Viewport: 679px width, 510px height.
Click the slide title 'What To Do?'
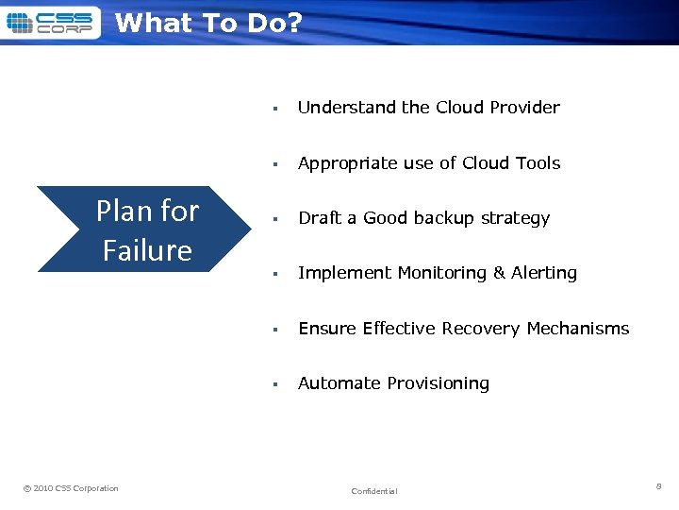[x=208, y=23]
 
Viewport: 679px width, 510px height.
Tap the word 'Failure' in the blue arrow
[x=147, y=250]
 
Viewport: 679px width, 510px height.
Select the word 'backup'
[x=447, y=218]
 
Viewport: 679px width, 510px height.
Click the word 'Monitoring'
[x=441, y=273]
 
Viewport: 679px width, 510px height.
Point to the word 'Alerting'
[x=544, y=273]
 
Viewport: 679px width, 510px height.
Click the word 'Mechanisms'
[x=578, y=329]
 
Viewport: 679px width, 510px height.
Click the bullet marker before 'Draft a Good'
[x=273, y=219]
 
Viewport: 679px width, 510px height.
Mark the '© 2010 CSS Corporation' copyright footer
[x=71, y=488]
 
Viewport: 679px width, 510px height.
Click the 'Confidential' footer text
[x=374, y=491]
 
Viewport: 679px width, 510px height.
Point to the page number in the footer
[x=658, y=485]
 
